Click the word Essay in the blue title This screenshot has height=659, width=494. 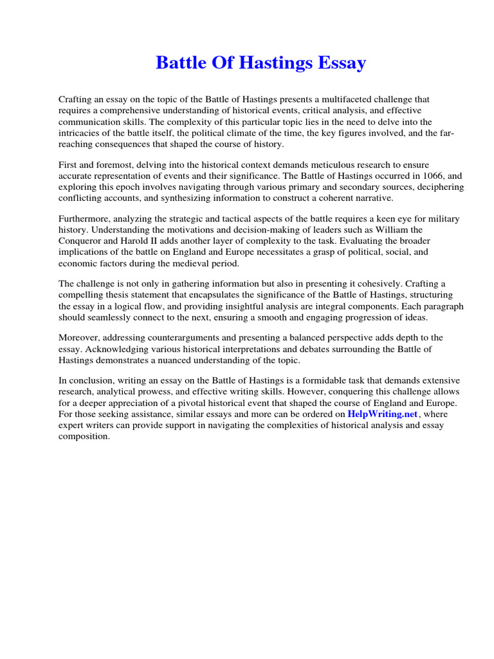341,63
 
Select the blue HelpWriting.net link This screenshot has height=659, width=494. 383,414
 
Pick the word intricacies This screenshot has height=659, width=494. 81,132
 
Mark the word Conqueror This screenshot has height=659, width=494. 82,241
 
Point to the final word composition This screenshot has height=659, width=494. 84,436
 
